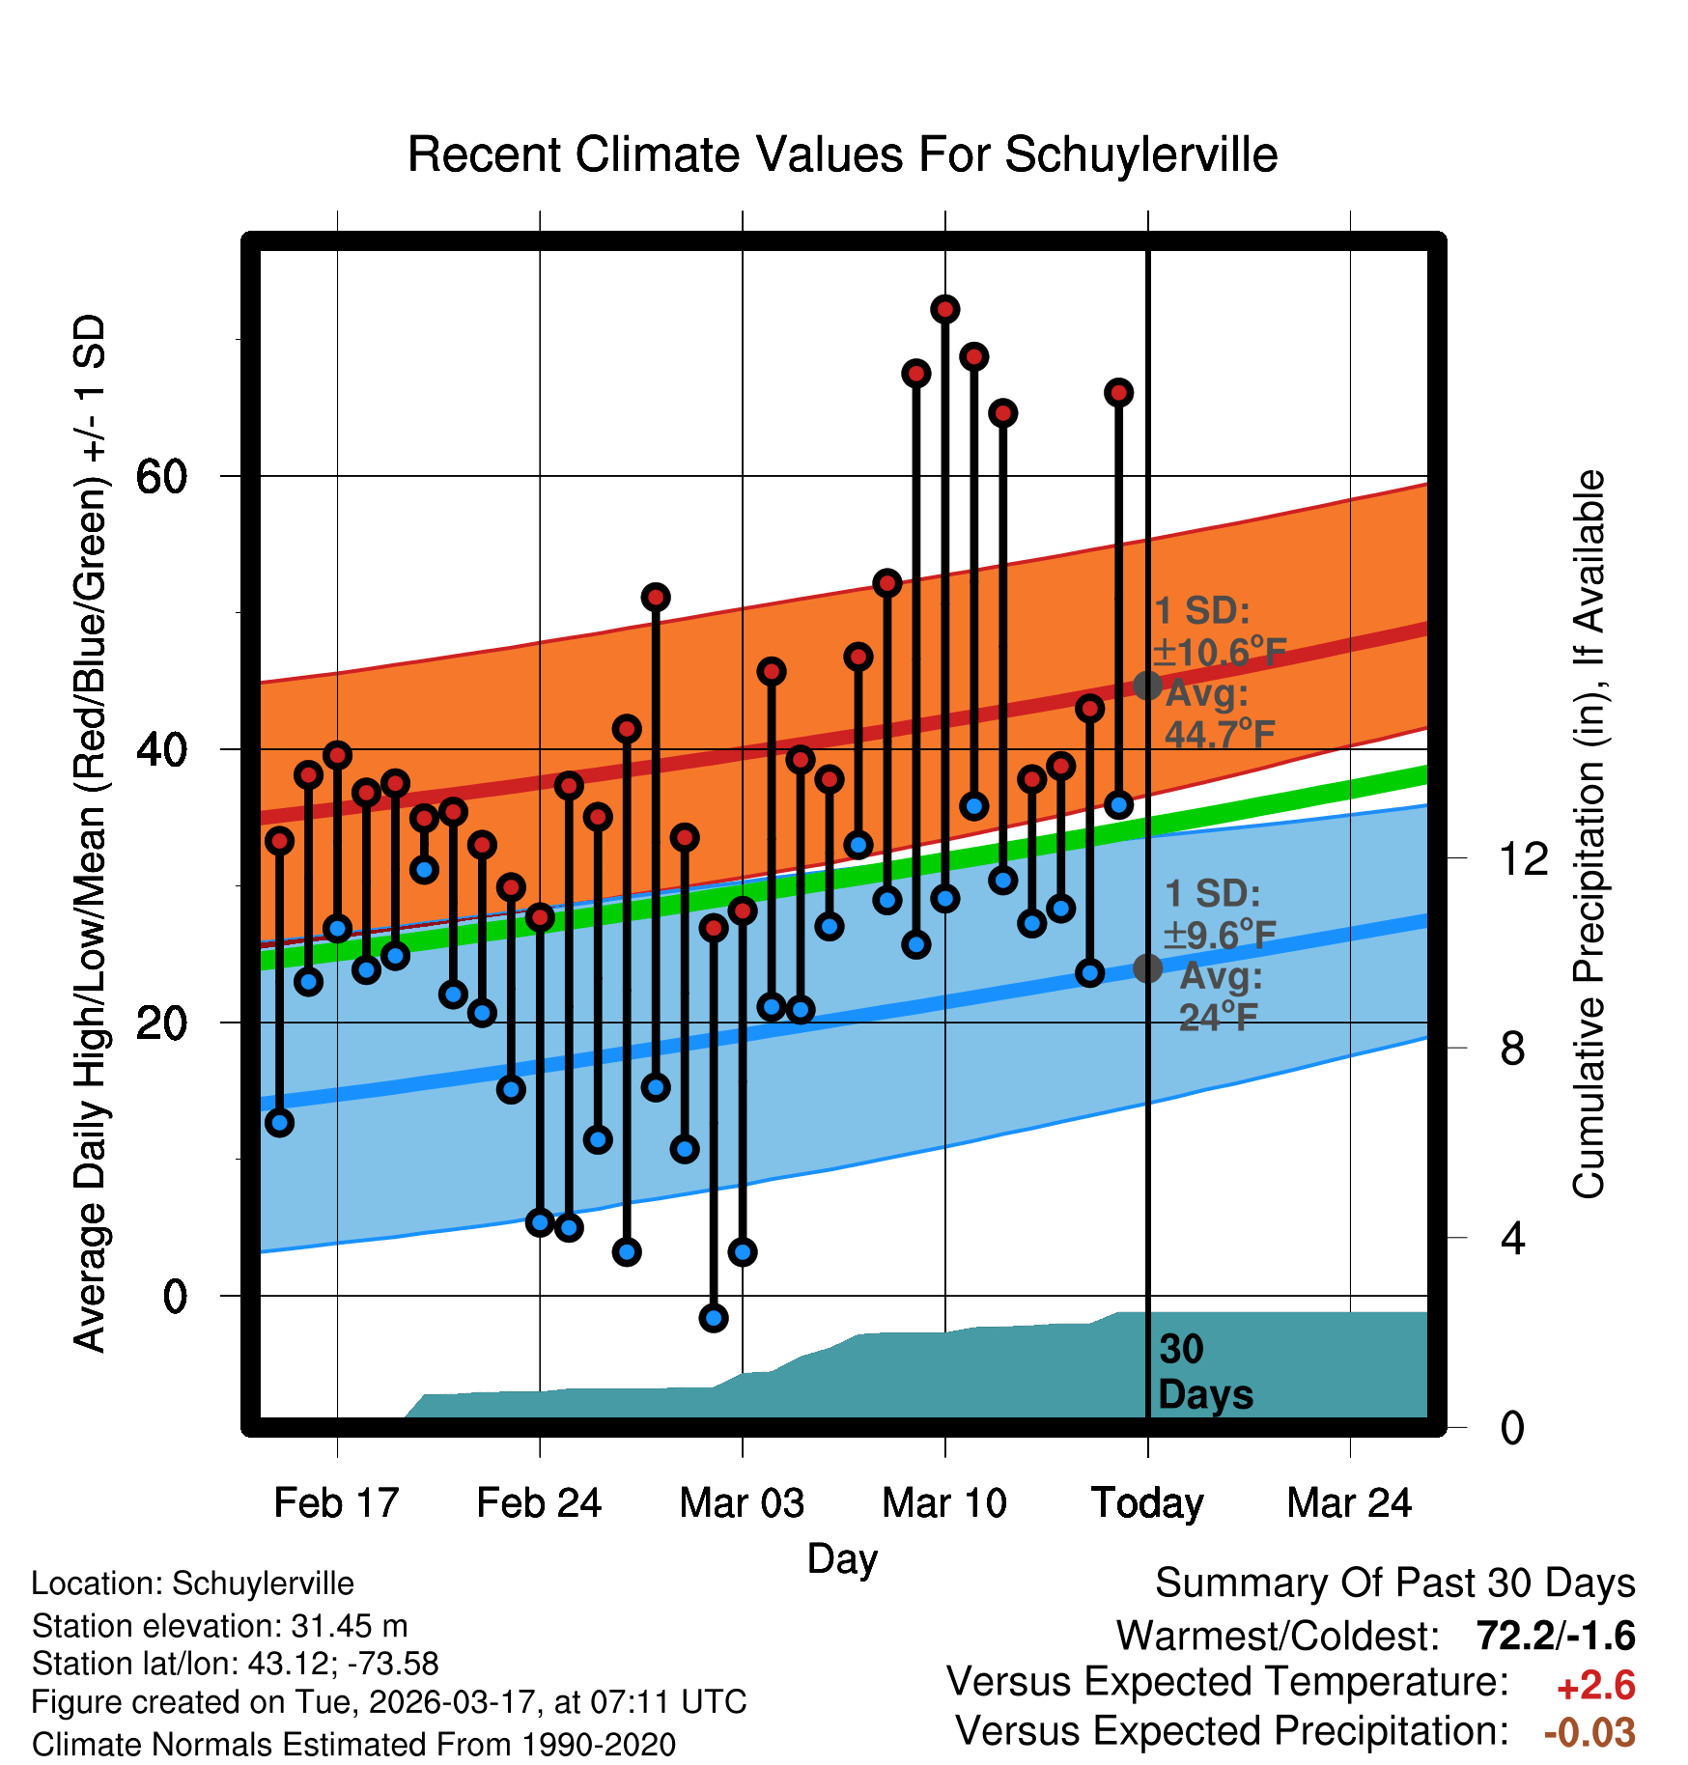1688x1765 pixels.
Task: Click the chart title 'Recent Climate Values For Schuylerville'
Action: point(842,154)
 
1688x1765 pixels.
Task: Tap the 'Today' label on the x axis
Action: point(1147,1503)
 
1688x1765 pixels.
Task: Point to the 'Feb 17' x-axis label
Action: point(336,1503)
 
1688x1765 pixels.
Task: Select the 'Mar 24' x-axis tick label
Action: point(1349,1503)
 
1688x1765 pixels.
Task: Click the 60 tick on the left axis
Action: point(161,476)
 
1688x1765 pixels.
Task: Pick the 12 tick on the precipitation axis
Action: point(1524,858)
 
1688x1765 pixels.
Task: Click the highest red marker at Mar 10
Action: point(944,309)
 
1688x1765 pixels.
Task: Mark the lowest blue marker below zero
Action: point(714,1318)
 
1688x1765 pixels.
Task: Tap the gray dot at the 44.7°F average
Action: point(1147,686)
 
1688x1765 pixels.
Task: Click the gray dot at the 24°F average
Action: point(1147,967)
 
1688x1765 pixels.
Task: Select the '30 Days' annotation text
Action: point(1204,1372)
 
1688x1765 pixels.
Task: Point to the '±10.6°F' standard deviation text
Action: point(1221,653)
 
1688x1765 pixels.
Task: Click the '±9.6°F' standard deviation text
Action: point(1221,936)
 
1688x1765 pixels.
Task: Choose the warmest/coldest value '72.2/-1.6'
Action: point(1556,1636)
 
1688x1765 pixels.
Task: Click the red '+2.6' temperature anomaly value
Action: point(1596,1686)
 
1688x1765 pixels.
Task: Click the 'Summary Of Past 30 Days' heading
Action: point(1394,1583)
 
